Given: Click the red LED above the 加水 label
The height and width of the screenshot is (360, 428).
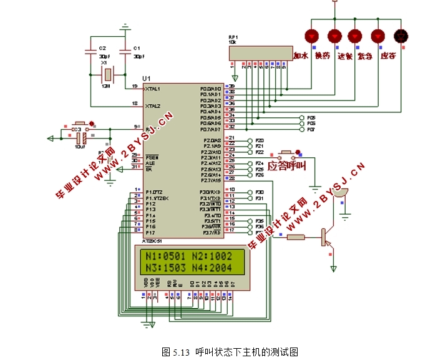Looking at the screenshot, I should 313,35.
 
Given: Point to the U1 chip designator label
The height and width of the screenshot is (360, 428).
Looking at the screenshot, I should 146,78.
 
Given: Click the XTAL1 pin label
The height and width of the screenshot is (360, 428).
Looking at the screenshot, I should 153,89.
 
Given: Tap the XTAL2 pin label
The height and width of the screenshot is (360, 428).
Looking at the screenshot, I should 153,106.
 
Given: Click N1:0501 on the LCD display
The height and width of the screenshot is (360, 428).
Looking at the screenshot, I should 163,256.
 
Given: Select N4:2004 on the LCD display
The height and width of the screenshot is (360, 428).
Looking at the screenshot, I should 212,268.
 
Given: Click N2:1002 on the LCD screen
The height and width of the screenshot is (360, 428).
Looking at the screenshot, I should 212,256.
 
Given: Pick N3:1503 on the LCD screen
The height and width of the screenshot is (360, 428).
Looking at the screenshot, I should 163,268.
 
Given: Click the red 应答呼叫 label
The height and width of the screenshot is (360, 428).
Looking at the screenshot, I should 287,166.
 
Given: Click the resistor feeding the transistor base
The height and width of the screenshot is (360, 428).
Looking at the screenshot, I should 295,236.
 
